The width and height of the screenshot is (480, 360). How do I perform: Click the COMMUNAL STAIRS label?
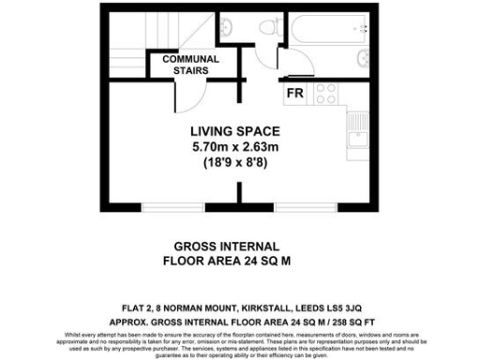(190, 64)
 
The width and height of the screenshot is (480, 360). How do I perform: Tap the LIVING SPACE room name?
(235, 130)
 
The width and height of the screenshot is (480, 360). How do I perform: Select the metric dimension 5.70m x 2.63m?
(235, 146)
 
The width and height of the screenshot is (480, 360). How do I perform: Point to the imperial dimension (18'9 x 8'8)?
(235, 162)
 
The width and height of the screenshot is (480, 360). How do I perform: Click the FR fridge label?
(293, 93)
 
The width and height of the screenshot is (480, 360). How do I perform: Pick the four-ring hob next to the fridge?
(325, 93)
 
